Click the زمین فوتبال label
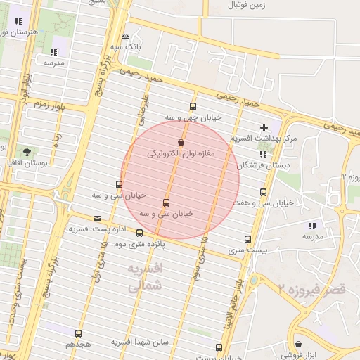[x=247, y=5]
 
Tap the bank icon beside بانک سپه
[x=125, y=36]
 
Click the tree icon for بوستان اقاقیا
[x=27, y=151]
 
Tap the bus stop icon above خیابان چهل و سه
[x=193, y=107]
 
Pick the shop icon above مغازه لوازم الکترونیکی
[x=181, y=143]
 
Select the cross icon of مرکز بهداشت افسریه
[x=264, y=127]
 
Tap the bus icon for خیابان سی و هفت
[x=263, y=192]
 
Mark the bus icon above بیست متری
[x=247, y=239]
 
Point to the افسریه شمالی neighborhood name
[x=146, y=278]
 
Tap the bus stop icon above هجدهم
[x=77, y=333]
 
